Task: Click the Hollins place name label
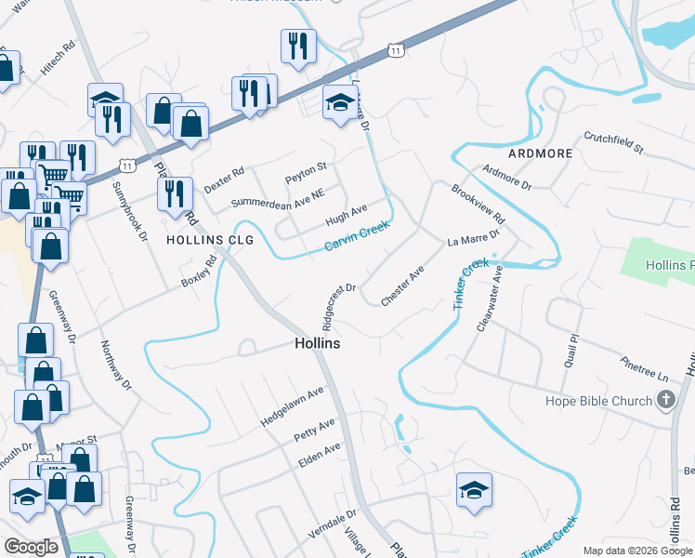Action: (x=317, y=343)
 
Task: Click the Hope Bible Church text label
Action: (x=597, y=401)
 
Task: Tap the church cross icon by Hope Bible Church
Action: (x=665, y=401)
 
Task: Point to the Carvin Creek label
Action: (x=357, y=237)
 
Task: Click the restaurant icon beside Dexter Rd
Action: (x=175, y=193)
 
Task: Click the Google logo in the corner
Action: (x=31, y=548)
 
